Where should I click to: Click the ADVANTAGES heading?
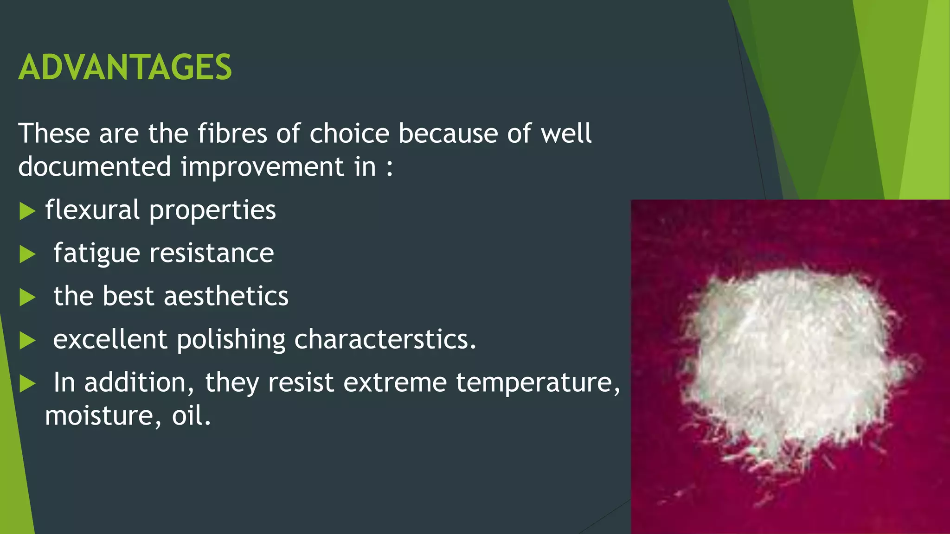[x=125, y=68]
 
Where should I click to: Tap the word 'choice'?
[x=349, y=134]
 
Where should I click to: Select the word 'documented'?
[x=95, y=167]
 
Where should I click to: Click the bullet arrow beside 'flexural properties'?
[x=27, y=211]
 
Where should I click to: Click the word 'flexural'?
[x=92, y=210]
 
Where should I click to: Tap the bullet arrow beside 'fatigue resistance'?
[x=27, y=254]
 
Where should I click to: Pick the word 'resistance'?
[x=212, y=254]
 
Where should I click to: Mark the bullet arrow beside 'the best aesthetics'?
[x=27, y=298]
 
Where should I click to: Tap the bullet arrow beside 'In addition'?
[x=27, y=384]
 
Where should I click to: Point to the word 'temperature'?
[x=537, y=383]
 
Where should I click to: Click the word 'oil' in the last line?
[x=188, y=415]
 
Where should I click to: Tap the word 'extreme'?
[x=395, y=383]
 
